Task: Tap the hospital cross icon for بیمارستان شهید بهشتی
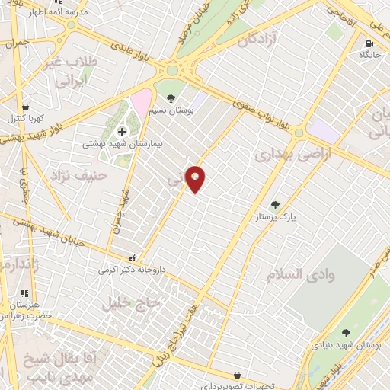pos(122,132)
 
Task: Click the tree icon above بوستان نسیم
pos(171,98)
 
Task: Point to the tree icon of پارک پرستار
pos(276,204)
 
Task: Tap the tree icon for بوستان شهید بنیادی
pos(347,333)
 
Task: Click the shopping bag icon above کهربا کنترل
pos(27,107)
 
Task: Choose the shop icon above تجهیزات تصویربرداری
pos(238,375)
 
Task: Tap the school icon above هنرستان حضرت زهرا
pos(24,292)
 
